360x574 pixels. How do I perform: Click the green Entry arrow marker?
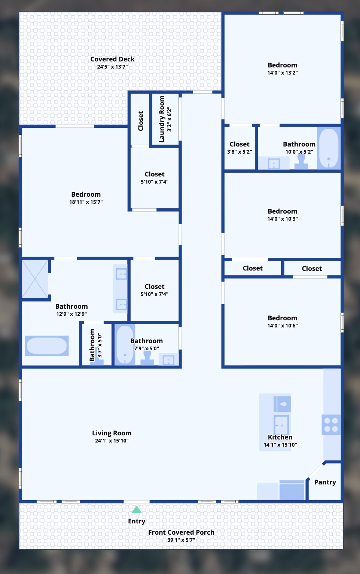pyautogui.click(x=137, y=510)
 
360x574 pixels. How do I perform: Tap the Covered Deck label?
pyautogui.click(x=112, y=59)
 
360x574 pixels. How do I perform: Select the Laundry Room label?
pyautogui.click(x=162, y=119)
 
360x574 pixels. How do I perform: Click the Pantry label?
pyautogui.click(x=325, y=482)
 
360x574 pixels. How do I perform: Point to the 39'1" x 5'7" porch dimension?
pyautogui.click(x=181, y=540)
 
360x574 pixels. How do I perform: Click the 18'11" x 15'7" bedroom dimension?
pyautogui.click(x=86, y=202)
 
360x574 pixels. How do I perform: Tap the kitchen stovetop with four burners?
pyautogui.click(x=331, y=425)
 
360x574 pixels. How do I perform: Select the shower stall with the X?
pyautogui.click(x=35, y=279)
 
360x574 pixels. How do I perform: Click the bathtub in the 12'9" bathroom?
pyautogui.click(x=47, y=346)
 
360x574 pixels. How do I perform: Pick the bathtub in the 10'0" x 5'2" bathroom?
pyautogui.click(x=329, y=148)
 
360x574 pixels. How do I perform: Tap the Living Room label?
pyautogui.click(x=112, y=433)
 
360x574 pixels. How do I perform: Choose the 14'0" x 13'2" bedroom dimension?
pyautogui.click(x=283, y=73)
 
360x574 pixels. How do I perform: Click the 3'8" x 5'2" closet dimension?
pyautogui.click(x=240, y=152)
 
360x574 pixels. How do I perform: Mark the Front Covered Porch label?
pyautogui.click(x=181, y=532)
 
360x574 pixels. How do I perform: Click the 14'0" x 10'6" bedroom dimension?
pyautogui.click(x=283, y=326)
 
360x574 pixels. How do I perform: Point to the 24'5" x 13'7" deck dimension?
pyautogui.click(x=112, y=67)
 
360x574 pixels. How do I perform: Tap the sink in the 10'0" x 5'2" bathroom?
pyautogui.click(x=274, y=164)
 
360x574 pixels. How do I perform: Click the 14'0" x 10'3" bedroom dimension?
pyautogui.click(x=283, y=219)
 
